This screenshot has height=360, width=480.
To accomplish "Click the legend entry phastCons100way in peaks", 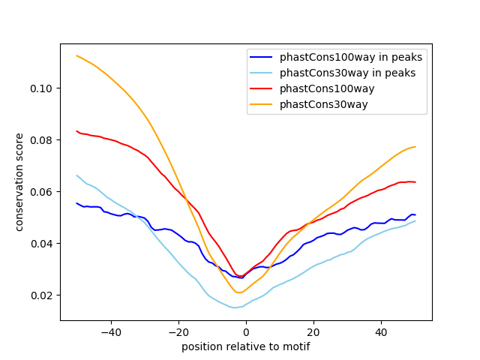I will tap(351, 57).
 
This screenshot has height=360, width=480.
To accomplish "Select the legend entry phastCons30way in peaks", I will tap(348, 73).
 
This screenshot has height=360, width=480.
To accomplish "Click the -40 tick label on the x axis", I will tap(110, 331).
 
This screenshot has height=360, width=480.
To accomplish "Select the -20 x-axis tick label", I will tap(178, 331).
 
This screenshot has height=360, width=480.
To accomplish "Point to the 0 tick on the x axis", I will tap(246, 331).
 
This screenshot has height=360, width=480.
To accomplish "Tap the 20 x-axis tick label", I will tap(313, 331).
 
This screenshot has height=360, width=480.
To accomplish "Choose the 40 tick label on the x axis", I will tap(381, 331).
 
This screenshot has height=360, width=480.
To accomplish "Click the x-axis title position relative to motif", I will tap(245, 346).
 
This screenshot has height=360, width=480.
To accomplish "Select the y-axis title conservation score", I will tap(20, 181).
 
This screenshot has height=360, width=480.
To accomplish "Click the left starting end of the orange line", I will tap(76, 55).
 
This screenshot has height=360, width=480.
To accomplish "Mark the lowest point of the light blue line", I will tap(235, 307).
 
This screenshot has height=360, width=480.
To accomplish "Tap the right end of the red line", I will tap(415, 182).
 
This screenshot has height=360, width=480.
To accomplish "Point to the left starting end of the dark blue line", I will tap(76, 202).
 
